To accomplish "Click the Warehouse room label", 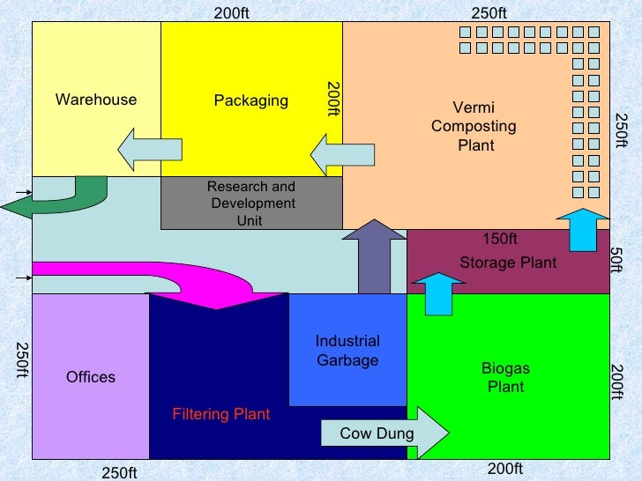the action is (96, 100).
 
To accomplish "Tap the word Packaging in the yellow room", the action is (250, 100).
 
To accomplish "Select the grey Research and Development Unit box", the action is (251, 203).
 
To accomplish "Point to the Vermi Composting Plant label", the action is (474, 127).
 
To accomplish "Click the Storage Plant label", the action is (508, 263).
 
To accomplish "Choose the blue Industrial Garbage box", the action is (347, 351).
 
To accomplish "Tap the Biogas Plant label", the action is (505, 377).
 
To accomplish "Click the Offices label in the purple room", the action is (91, 377).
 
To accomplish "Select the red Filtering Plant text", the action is (220, 414).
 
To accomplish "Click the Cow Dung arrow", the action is (384, 433).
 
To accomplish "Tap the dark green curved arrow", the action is (53, 198).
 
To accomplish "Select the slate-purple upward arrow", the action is (374, 256).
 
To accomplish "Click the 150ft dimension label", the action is (500, 239).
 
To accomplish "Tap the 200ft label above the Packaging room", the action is (232, 13).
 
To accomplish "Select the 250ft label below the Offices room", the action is (119, 473).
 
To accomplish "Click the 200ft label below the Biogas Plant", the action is (505, 470).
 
